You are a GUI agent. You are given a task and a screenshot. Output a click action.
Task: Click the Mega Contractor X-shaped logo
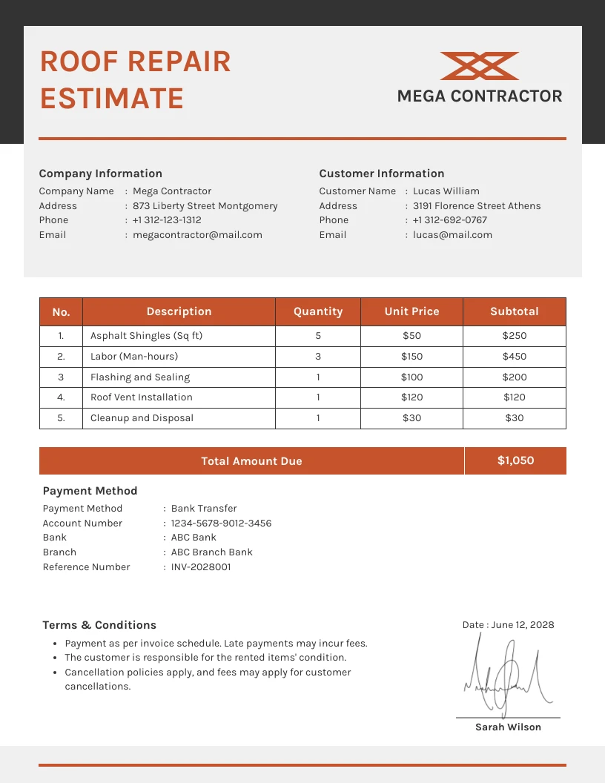479,66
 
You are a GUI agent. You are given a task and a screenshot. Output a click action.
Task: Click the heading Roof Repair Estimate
135,80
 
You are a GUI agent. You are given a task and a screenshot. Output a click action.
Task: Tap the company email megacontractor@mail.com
197,235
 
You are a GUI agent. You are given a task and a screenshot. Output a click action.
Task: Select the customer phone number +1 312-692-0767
450,220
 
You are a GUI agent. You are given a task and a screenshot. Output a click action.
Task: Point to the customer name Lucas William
446,191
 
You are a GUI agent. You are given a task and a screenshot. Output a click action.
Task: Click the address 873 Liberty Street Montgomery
205,206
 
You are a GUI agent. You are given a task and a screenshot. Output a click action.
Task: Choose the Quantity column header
318,311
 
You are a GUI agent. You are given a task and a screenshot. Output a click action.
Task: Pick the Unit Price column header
411,311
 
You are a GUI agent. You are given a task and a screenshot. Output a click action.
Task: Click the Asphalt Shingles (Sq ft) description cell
146,336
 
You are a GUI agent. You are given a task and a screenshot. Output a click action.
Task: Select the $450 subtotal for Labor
515,357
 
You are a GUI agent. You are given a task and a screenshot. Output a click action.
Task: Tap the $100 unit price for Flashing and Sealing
411,377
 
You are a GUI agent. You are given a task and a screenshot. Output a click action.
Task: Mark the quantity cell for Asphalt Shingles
318,336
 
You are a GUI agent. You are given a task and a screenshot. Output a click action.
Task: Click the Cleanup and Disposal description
142,418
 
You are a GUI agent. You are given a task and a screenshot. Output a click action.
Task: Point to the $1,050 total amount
515,460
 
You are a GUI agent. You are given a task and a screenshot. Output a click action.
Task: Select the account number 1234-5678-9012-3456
221,523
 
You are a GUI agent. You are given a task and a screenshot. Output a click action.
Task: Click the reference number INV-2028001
201,567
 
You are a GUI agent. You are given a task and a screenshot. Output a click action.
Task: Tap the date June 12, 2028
522,625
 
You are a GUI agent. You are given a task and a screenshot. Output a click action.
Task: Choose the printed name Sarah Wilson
508,727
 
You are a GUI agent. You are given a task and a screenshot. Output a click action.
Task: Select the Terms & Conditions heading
99,625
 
